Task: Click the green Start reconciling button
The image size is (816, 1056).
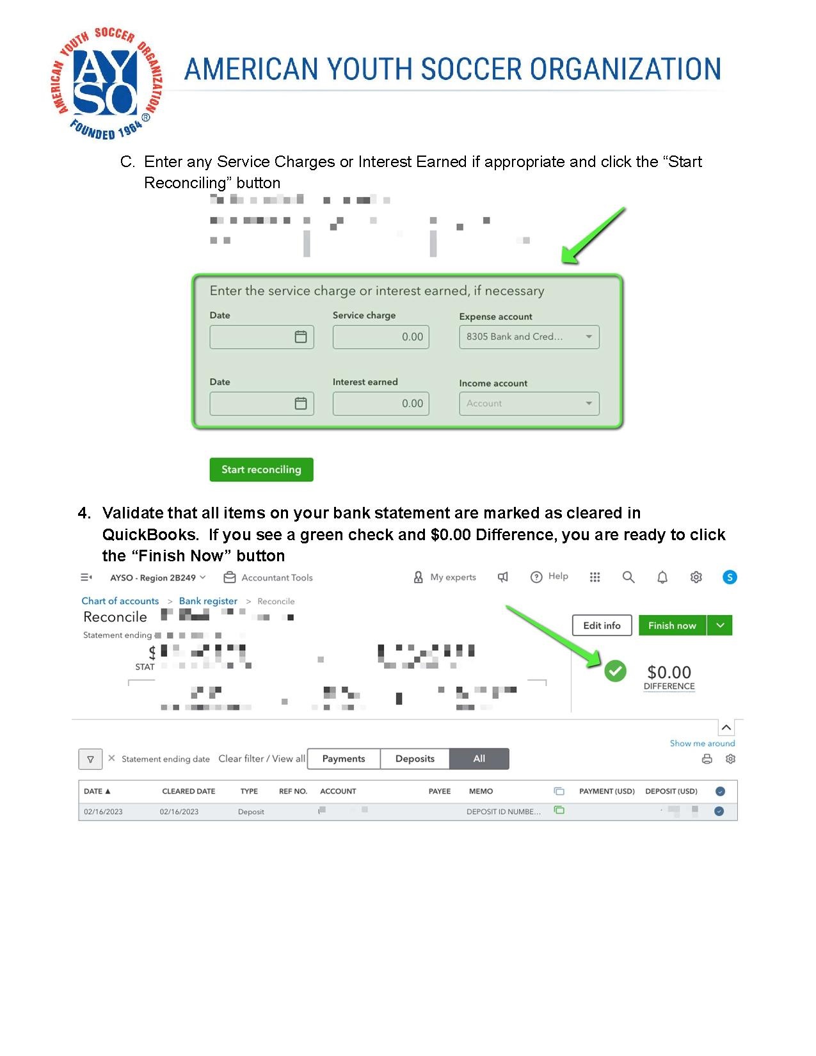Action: coord(261,470)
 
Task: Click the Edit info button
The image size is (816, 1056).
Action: coord(602,625)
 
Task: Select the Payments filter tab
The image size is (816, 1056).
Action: coord(344,758)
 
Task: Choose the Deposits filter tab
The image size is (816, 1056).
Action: coord(415,758)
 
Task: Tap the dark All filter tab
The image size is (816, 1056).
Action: coord(479,758)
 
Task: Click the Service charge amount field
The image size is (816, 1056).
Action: coord(381,337)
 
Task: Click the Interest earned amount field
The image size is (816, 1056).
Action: coord(381,403)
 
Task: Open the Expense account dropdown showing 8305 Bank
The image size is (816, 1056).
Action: coord(529,337)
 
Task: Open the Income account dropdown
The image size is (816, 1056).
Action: coord(529,403)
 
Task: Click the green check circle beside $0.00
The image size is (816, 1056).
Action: coord(615,671)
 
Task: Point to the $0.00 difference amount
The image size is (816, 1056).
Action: coord(669,672)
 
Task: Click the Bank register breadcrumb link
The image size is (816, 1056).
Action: coord(208,601)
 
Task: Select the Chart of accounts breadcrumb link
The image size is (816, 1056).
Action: coord(120,601)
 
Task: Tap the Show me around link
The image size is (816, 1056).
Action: coord(702,743)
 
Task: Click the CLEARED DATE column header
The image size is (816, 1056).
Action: coord(189,791)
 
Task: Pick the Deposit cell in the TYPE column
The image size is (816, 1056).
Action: coord(251,812)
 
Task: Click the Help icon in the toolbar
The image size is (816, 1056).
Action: coord(536,577)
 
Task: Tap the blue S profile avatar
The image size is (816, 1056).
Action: coord(729,577)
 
